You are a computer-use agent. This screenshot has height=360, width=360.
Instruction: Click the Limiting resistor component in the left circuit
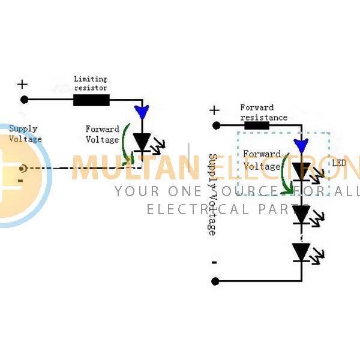(91, 100)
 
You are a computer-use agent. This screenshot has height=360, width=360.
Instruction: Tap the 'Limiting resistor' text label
(91, 83)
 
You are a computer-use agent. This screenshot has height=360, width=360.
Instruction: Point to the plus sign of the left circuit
(23, 83)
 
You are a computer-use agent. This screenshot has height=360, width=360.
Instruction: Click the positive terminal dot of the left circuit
(24, 100)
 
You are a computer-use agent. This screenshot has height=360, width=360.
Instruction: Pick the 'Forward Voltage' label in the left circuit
(102, 134)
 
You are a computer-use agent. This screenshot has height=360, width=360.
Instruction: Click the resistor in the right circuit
(256, 125)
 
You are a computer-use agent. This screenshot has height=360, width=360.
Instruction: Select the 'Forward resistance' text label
(263, 112)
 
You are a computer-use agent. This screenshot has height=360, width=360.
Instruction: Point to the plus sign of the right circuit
(214, 110)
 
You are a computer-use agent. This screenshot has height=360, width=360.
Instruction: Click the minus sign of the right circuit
(214, 262)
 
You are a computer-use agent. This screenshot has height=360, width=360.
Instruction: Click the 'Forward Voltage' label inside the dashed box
(262, 160)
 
